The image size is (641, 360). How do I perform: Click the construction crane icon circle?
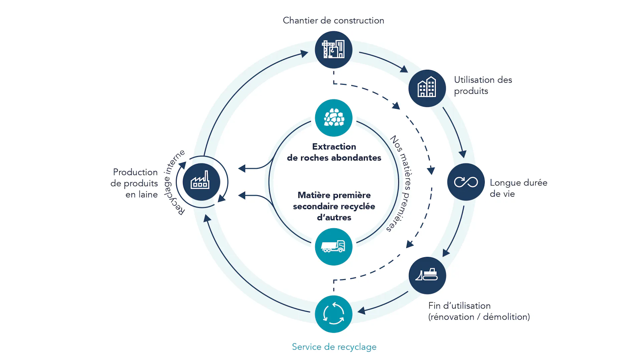click(334, 50)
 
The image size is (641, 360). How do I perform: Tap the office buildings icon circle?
click(427, 88)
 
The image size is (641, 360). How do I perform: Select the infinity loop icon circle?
click(466, 182)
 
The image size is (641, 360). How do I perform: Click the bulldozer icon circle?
click(427, 276)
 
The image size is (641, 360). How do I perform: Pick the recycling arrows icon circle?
click(334, 314)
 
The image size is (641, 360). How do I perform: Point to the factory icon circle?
click(201, 182)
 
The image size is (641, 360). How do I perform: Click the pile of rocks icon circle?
click(334, 118)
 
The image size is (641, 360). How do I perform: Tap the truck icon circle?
click(334, 247)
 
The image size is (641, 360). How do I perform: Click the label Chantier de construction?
click(334, 20)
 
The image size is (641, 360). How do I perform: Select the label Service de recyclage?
click(334, 347)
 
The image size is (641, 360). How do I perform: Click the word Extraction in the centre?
click(334, 146)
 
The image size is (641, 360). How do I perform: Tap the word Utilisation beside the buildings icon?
click(474, 80)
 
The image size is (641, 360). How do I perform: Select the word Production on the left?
click(135, 172)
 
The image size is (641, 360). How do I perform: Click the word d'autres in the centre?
click(334, 218)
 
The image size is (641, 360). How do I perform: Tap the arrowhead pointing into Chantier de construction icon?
click(304, 53)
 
